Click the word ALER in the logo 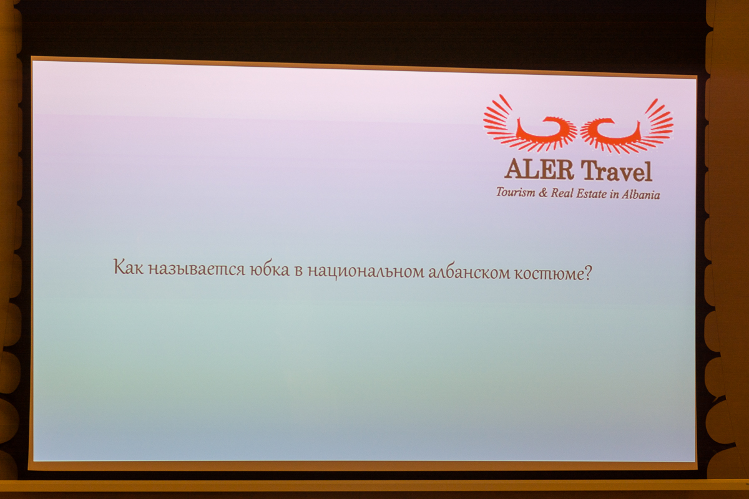click(x=539, y=170)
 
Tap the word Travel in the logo click(x=617, y=171)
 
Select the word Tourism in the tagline click(x=516, y=192)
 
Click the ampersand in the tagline click(x=542, y=193)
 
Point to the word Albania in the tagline click(x=640, y=195)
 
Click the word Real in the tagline click(x=562, y=193)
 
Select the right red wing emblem click(x=627, y=127)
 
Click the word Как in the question click(x=129, y=268)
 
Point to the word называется click(x=197, y=269)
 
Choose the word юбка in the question click(x=270, y=269)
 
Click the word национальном click(x=366, y=271)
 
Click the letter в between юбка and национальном click(x=298, y=271)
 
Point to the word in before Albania click(x=614, y=195)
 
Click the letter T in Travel click(x=589, y=170)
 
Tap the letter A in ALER click(x=514, y=169)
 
